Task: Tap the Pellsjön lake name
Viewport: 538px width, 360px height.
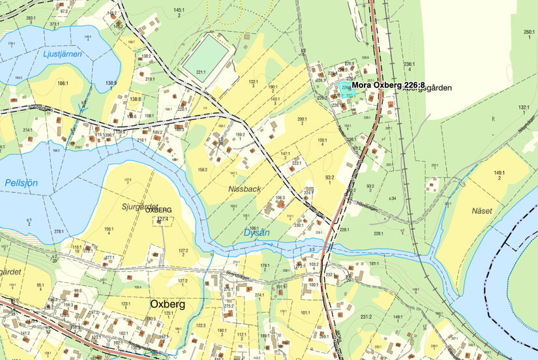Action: [20, 182]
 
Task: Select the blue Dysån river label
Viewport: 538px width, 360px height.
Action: [255, 232]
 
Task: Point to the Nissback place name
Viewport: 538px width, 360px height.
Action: [245, 188]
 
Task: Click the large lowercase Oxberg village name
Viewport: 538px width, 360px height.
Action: [168, 304]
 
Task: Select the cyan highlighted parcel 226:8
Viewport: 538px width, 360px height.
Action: [350, 92]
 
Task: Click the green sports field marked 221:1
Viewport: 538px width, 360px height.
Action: [207, 56]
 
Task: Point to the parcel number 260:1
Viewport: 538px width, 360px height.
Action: [529, 32]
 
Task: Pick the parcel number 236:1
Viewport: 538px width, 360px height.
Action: [410, 64]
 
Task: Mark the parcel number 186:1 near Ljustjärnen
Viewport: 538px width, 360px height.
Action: [63, 83]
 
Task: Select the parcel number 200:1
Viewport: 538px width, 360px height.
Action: [302, 119]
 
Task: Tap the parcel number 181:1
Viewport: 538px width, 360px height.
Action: [374, 263]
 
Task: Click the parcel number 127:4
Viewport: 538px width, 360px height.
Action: [162, 220]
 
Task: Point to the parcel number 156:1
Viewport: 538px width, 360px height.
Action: [109, 229]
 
